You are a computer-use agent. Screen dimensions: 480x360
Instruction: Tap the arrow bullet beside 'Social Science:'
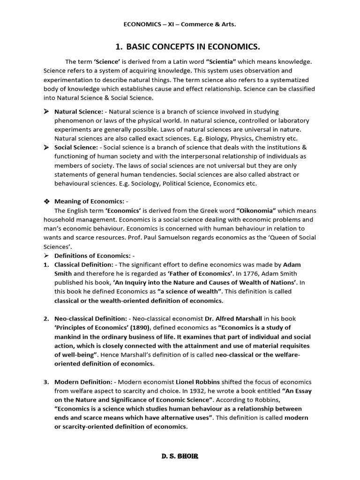(x=46, y=148)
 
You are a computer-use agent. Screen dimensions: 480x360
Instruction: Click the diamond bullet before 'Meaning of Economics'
(x=46, y=201)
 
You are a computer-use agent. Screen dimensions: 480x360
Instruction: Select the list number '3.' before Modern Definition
(x=46, y=382)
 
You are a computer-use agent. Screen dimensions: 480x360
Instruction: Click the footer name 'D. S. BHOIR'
(x=180, y=456)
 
